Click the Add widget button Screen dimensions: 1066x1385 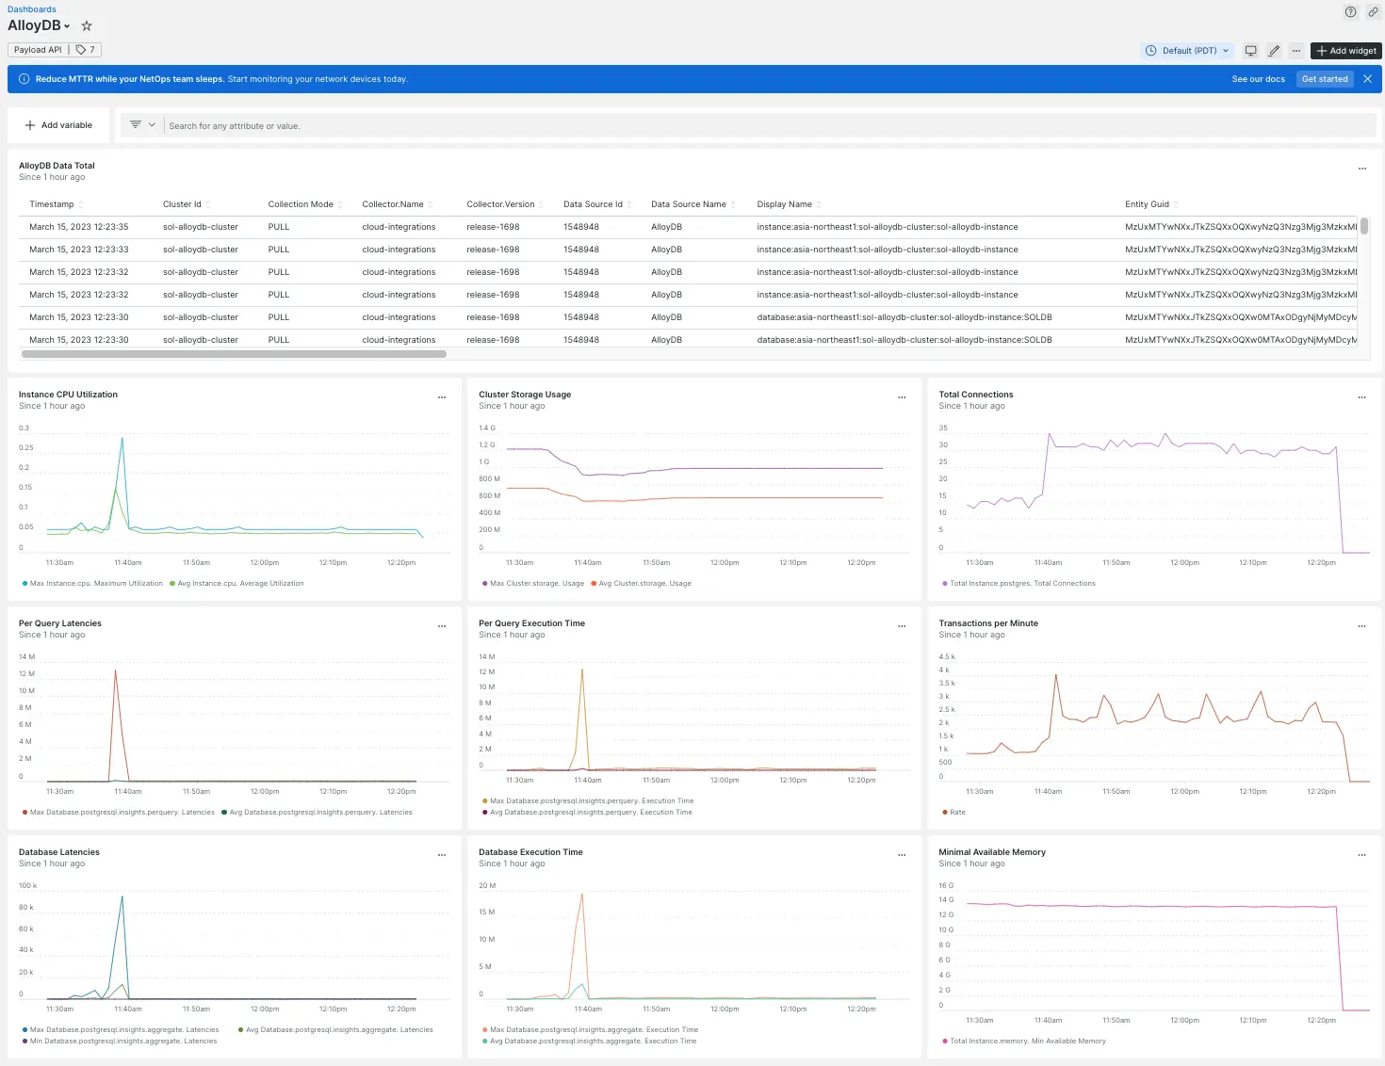(1345, 51)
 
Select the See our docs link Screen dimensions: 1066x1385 (1258, 79)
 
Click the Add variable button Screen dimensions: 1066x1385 (58, 125)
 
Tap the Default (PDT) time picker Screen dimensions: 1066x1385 (1189, 51)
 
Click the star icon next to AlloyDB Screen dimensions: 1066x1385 (87, 26)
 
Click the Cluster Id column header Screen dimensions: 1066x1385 (182, 204)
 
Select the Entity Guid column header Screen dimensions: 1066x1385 (1147, 204)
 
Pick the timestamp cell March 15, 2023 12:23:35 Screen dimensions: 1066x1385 (79, 227)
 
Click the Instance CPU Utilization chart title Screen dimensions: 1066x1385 (68, 395)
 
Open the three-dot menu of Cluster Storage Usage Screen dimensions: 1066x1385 (902, 397)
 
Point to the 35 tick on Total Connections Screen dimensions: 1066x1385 (943, 428)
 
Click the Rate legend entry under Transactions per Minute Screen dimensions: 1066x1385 (956, 813)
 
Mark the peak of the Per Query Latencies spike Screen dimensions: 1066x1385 (116, 670)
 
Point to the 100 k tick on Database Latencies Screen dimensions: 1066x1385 (27, 886)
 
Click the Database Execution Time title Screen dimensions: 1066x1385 (530, 852)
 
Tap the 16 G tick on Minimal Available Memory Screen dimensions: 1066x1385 (946, 886)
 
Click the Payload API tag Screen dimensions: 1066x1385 (38, 50)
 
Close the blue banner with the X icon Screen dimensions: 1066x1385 (1367, 79)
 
